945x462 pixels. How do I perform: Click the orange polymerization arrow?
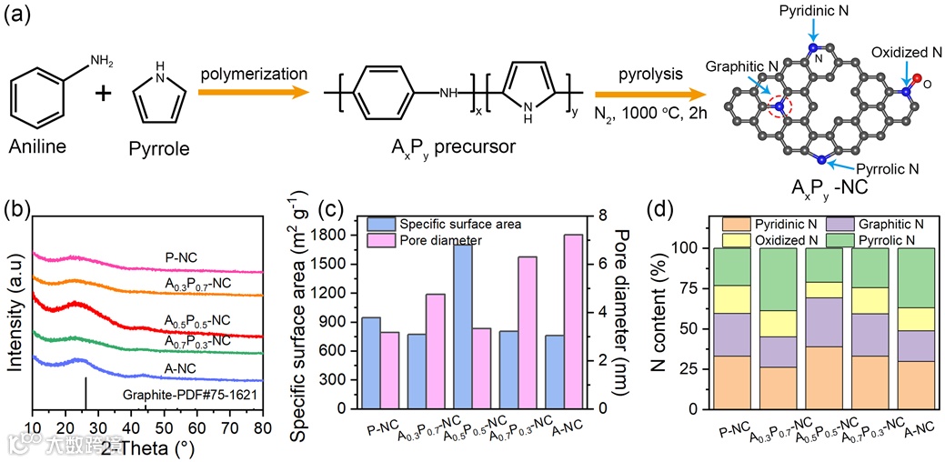(x=256, y=94)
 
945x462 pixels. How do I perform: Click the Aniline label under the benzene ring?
(x=44, y=146)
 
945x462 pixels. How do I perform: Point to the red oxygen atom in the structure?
(x=917, y=80)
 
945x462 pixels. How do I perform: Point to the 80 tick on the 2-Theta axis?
(x=262, y=426)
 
